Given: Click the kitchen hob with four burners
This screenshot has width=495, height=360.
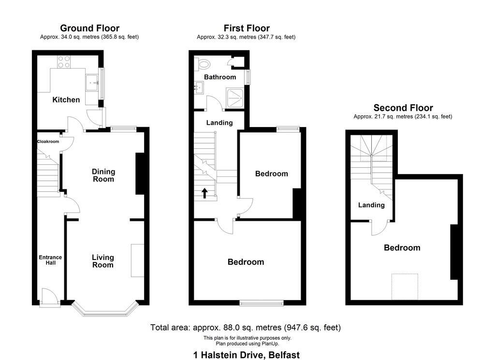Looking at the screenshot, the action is [x=64, y=61].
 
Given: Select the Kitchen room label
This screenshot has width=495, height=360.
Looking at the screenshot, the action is [x=66, y=100].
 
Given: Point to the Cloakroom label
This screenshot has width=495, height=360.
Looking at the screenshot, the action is [x=48, y=142].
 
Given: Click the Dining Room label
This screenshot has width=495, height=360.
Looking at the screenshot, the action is [x=103, y=175].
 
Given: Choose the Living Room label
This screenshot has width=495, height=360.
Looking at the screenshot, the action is [x=103, y=261].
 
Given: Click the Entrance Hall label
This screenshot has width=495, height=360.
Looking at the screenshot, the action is [x=50, y=260].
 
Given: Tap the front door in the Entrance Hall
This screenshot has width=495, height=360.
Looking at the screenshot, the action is [x=49, y=298].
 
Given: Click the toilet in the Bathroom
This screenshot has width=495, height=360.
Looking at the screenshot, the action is [x=204, y=64].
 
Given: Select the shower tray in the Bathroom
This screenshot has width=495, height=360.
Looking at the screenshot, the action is [x=234, y=98].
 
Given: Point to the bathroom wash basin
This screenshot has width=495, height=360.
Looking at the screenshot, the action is [x=199, y=87].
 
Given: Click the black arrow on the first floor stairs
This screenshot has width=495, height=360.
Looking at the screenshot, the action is [x=204, y=193].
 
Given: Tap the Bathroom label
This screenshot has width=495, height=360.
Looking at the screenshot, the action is [x=220, y=77].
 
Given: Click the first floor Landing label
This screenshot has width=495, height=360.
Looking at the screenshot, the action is [x=219, y=123].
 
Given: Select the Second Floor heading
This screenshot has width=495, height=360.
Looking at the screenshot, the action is [x=403, y=108].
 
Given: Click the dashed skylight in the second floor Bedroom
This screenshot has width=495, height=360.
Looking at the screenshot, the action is [x=405, y=287].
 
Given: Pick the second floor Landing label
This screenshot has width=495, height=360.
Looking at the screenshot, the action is [x=371, y=205].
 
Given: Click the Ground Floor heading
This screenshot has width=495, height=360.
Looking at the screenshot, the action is [x=89, y=28].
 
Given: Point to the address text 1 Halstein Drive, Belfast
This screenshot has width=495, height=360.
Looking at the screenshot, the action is [x=247, y=355].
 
